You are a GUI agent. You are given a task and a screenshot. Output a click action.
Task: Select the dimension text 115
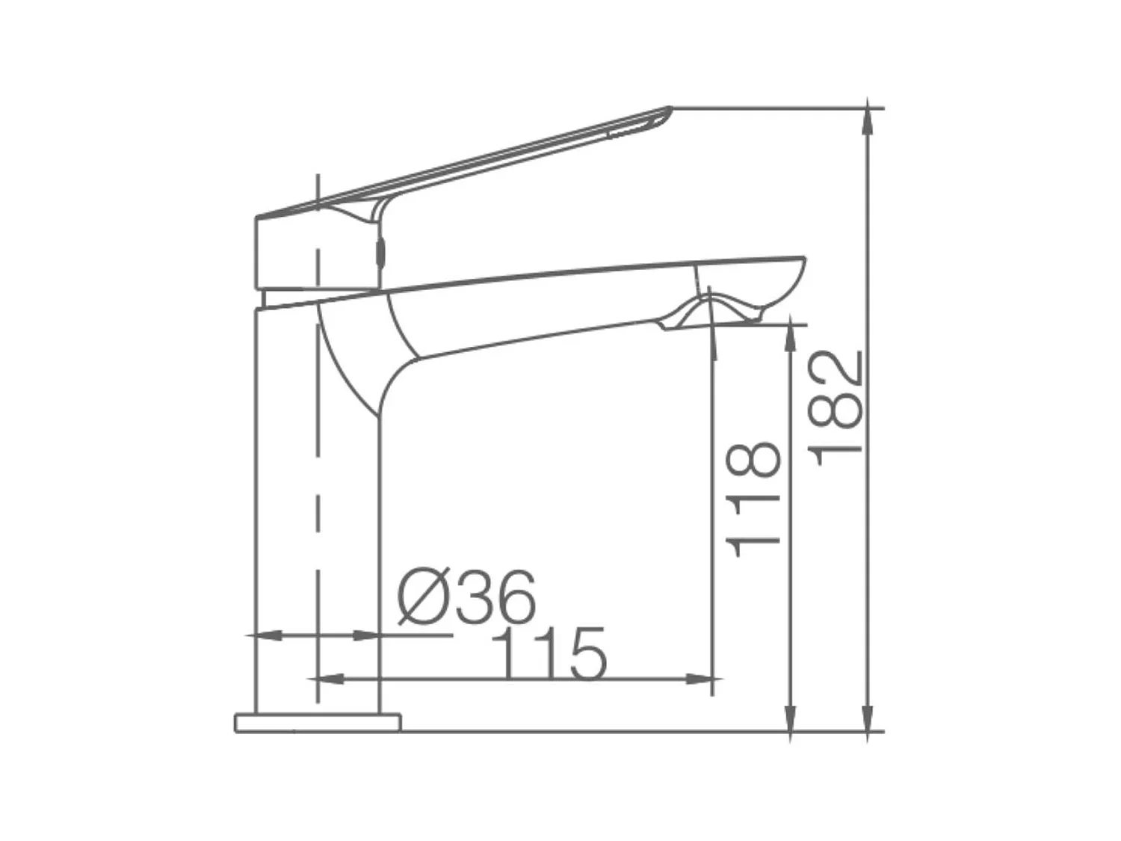tap(549, 655)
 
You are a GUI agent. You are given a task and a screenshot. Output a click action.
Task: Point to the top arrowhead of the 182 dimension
tap(867, 120)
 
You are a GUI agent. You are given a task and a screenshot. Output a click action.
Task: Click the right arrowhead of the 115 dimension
tap(701, 679)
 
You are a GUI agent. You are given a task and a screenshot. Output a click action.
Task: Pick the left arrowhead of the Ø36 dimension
tap(268, 635)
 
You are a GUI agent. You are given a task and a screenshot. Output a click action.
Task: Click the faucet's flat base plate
tap(318, 723)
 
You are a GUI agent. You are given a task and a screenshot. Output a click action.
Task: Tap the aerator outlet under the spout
tap(710, 314)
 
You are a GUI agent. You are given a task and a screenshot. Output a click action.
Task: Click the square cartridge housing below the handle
tap(314, 254)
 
